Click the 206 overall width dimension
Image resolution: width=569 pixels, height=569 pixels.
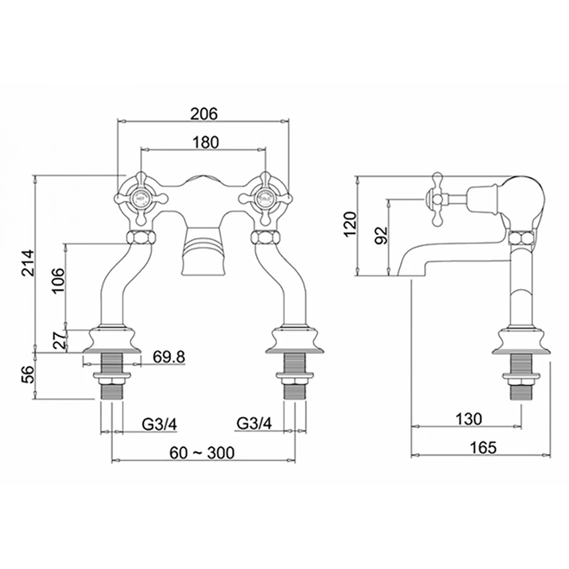(204, 113)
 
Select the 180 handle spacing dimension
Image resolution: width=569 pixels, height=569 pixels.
(204, 143)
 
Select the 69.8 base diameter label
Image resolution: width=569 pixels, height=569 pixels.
(168, 357)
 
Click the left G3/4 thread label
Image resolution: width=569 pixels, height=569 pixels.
(159, 424)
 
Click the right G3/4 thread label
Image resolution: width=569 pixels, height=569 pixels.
(254, 424)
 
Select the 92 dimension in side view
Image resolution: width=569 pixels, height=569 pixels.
(381, 235)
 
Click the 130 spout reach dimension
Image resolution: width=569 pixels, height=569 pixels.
(468, 419)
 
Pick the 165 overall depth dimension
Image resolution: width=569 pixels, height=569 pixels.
(483, 447)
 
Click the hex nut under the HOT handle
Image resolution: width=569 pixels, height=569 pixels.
(141, 236)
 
